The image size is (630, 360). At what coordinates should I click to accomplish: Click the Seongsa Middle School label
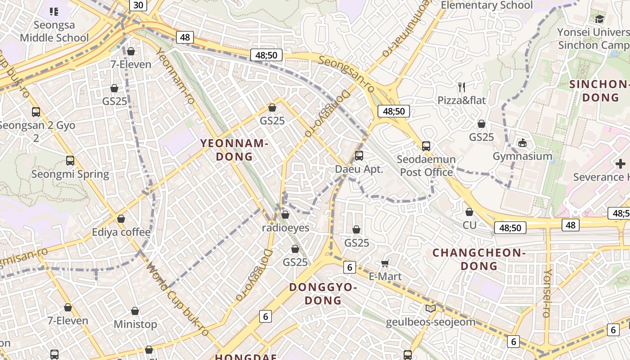click(54, 31)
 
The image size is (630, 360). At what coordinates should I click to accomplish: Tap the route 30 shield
click(138, 5)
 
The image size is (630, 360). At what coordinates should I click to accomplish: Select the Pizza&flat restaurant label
click(462, 100)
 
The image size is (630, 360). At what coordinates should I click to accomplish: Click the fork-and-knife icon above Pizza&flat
click(462, 87)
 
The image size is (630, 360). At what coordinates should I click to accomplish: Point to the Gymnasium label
click(522, 156)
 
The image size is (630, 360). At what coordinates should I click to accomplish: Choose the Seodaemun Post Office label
click(426, 166)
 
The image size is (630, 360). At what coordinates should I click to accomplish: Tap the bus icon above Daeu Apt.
click(359, 156)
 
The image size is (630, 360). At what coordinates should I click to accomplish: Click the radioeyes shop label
click(285, 228)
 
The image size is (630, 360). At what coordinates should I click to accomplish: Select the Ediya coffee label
click(121, 232)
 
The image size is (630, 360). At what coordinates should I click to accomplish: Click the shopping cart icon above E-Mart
click(385, 263)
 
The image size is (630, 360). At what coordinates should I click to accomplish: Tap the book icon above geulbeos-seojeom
click(430, 309)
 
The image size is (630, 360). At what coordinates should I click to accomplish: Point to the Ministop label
click(135, 324)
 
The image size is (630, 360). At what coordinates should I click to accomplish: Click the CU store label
click(469, 225)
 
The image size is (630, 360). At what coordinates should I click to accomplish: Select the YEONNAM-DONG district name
click(234, 150)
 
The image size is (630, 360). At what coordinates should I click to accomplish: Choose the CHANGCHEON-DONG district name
click(479, 259)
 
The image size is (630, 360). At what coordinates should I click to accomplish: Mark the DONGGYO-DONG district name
click(323, 293)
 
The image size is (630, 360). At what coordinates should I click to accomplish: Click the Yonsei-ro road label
click(548, 293)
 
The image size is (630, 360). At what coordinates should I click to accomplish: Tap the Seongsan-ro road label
click(346, 74)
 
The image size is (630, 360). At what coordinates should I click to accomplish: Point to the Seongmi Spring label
click(70, 174)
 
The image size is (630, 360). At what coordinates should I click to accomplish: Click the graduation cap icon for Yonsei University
click(599, 19)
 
